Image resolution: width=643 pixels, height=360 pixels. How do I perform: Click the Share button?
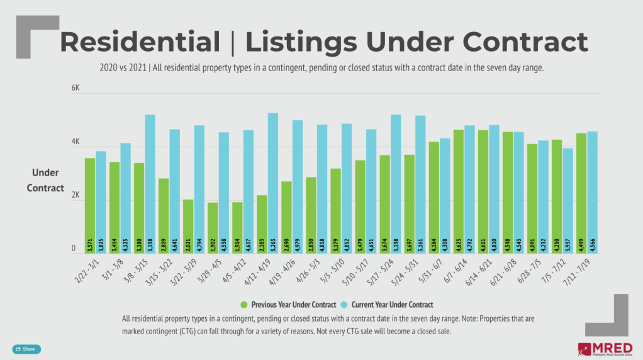click(26, 349)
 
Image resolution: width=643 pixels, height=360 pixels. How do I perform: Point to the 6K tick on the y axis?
click(75, 89)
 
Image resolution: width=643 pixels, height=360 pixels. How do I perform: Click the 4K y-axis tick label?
click(75, 143)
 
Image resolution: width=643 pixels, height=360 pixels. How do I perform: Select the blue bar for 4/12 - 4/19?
click(273, 183)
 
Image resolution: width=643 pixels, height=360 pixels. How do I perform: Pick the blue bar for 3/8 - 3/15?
click(150, 183)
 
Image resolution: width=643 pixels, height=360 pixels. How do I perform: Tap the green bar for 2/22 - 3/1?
click(90, 205)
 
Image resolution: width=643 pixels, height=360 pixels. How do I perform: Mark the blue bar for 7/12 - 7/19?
click(592, 193)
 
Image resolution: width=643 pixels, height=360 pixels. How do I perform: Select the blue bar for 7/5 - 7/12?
click(568, 200)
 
